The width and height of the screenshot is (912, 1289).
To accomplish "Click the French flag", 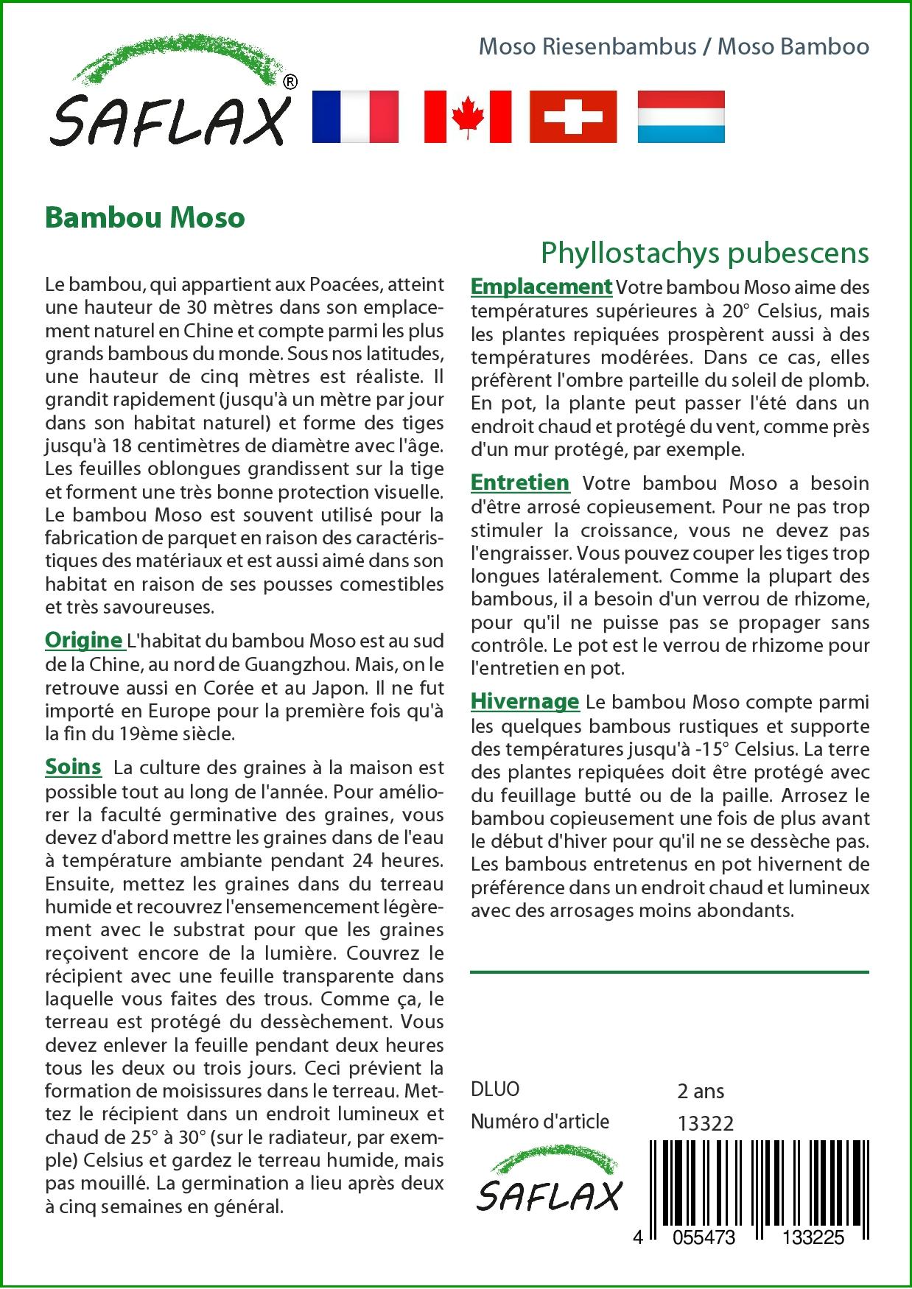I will point(355,116).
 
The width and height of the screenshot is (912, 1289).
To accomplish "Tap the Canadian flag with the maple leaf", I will point(467,116).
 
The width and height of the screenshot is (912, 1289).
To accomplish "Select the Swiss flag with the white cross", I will point(573,116).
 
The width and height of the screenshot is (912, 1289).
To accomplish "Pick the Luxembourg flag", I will point(681,116).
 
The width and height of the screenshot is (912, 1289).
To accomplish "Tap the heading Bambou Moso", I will point(144,218).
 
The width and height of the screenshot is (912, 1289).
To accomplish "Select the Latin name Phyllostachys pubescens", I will point(704,253).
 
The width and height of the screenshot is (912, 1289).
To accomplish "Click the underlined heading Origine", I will point(84,640).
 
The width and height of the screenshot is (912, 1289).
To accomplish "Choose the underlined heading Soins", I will point(73,767).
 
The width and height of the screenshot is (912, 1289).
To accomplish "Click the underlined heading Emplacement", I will point(541,286).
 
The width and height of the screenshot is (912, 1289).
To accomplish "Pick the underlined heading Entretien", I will point(520,482).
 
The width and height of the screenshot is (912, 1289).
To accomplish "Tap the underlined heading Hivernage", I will point(525,701).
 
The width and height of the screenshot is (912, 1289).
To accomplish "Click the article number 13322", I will point(705,1123).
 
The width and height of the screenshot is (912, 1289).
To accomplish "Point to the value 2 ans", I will point(701,1091).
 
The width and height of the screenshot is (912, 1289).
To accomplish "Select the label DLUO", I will point(495,1089).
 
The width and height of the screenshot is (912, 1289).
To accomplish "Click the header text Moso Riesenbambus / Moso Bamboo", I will point(673,47).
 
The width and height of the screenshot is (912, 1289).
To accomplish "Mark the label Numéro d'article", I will point(540,1122).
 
